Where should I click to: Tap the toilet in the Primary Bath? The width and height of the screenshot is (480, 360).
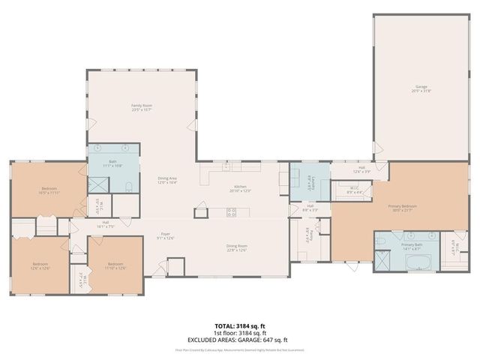(x=381, y=241)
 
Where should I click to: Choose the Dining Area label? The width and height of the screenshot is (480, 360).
(x=166, y=180)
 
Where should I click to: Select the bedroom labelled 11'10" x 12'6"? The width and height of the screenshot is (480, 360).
(x=115, y=265)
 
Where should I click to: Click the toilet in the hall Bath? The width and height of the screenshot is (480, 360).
(x=128, y=186)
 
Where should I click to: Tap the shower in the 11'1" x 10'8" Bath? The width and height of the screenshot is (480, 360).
(x=97, y=184)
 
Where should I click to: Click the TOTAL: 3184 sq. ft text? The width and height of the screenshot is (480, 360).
(x=240, y=325)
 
